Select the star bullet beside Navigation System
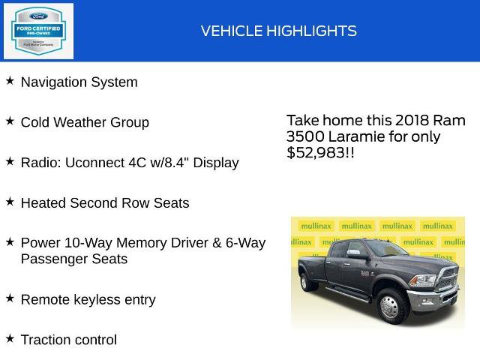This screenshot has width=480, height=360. (10, 80)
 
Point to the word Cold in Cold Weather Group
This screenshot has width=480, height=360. (35, 122)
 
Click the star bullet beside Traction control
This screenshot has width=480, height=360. (10, 338)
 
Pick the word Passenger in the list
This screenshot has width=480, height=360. (53, 259)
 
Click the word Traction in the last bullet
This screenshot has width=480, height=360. (46, 340)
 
